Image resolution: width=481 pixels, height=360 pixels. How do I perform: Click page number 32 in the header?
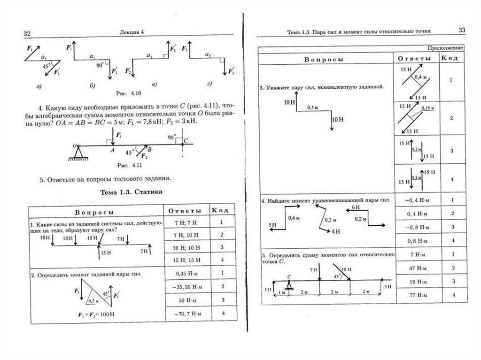pos(27,33)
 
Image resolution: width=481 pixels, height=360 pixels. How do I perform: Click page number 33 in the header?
pos(462,31)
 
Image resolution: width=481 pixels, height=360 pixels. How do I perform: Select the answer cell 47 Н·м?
pos(414,268)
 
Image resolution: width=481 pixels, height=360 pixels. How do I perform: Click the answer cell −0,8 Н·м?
pos(414,227)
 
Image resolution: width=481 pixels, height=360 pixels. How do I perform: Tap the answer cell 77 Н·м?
pos(414,295)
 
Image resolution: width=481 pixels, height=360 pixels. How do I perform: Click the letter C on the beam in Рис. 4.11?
pos(186,139)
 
